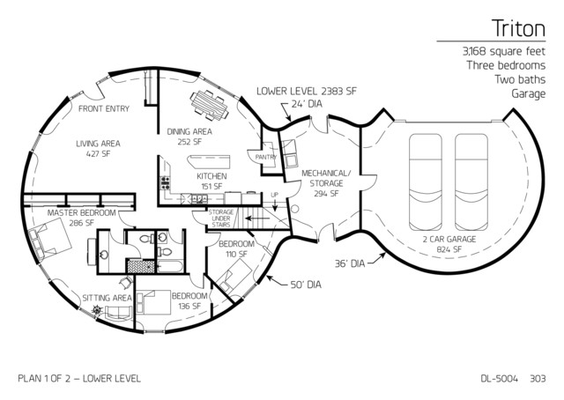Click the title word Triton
tap(518, 28)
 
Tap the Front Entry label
tap(104, 108)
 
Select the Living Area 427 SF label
tap(98, 149)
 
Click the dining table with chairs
tap(210, 104)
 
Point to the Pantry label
tap(266, 157)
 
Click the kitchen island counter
tap(209, 161)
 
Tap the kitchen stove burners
tap(165, 183)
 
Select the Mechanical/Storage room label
tap(326, 183)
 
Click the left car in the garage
tap(426, 182)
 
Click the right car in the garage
tap(471, 182)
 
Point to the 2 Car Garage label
tap(449, 244)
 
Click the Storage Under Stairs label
tap(221, 219)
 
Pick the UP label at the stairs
tap(274, 195)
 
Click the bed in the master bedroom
tap(49, 241)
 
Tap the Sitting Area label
tap(108, 298)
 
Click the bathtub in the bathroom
tap(170, 267)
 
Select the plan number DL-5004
tap(500, 379)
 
